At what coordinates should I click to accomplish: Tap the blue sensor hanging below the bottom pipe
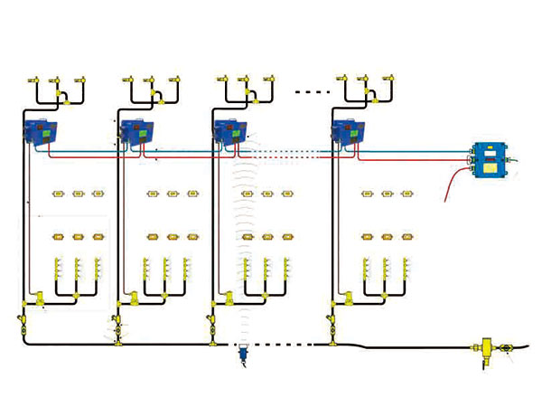coord(243,355)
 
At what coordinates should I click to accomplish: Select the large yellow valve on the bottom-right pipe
coord(481,346)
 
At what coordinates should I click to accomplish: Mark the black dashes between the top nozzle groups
coord(313,91)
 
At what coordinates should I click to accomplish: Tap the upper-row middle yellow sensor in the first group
coord(77,193)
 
